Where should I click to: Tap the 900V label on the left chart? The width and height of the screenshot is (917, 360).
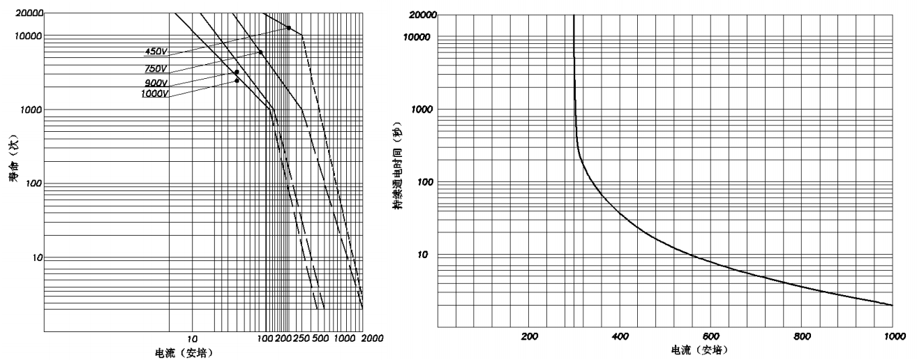(x=156, y=82)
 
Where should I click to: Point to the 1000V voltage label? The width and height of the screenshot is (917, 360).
(x=154, y=93)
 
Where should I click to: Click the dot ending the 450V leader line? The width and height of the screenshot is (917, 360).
(x=289, y=28)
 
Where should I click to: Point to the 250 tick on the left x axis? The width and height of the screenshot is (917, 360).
(x=301, y=338)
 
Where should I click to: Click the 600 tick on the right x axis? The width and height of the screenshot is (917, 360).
(x=711, y=336)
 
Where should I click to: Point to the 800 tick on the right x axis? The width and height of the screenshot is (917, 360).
(x=802, y=336)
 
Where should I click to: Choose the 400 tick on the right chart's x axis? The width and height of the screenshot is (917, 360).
(x=620, y=336)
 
